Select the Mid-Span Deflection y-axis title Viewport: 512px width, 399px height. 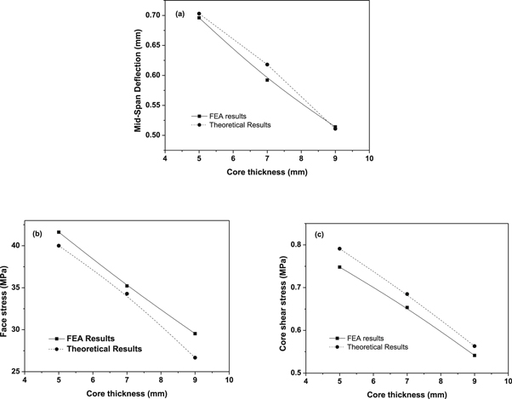(x=137, y=76)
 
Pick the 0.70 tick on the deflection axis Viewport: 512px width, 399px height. (x=154, y=16)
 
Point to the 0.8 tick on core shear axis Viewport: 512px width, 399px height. (x=298, y=245)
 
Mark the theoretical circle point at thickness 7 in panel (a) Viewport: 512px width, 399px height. (x=267, y=65)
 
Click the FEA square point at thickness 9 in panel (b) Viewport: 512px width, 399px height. (x=195, y=333)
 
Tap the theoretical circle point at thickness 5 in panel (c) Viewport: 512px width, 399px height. (x=339, y=249)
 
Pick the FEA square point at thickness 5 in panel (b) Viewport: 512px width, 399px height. (x=59, y=232)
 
